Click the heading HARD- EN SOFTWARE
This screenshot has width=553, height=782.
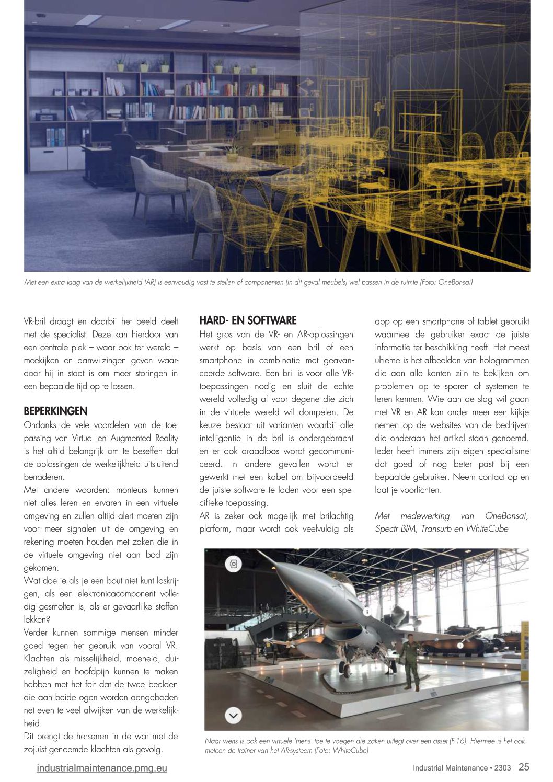248,320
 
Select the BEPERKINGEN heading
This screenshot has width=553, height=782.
55,411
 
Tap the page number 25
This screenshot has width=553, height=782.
524,767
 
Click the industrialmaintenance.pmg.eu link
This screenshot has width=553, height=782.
102,768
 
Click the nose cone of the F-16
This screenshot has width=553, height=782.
263,555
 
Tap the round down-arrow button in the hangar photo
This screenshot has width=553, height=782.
233,715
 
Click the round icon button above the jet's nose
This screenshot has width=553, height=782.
234,563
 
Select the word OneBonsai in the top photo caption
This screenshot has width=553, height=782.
455,282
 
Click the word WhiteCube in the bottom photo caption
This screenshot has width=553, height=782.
350,751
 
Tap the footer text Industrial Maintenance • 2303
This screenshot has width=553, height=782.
462,768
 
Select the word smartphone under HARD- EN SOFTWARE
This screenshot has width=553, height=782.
221,360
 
